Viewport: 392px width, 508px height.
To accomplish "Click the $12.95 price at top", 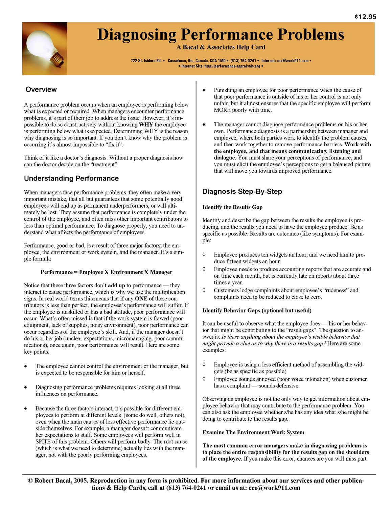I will click(x=365, y=17).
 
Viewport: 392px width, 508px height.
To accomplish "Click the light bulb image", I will click(x=44, y=48).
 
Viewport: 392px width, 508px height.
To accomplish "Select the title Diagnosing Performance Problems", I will click(x=221, y=35).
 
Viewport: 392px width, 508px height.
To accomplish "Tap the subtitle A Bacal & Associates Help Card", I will click(x=221, y=47).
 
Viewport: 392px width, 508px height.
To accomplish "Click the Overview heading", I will click(x=41, y=89).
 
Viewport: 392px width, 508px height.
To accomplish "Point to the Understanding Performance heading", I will click(x=71, y=178).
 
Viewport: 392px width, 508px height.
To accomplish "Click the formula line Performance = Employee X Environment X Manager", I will click(x=107, y=272).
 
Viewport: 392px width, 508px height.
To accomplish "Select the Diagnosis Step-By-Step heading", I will click(x=242, y=192).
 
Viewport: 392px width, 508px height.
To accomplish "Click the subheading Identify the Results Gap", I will click(x=232, y=207).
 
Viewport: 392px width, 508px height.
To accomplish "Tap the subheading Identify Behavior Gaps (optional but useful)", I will click(x=257, y=311).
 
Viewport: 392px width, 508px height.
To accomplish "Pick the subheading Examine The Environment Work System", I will click(x=253, y=432).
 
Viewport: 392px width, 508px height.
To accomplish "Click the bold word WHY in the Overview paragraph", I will click(x=146, y=125).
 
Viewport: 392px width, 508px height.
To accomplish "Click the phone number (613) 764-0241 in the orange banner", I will click(x=243, y=61).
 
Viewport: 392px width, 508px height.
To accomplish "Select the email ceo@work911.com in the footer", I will click(x=274, y=488).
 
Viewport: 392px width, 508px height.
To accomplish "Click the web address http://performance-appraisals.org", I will click(x=232, y=66).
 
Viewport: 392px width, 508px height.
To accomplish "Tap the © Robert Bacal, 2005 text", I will click(x=57, y=481).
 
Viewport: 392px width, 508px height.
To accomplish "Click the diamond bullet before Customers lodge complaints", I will click(x=204, y=290).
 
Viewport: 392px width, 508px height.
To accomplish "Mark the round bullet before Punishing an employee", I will click(x=204, y=90).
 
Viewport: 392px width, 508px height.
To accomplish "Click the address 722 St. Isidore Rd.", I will click(x=146, y=61).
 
